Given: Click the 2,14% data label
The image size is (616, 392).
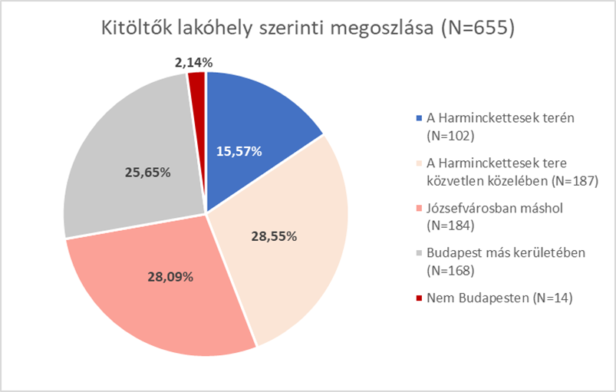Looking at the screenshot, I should (193, 61).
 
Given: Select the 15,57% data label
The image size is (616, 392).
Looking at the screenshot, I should (239, 151).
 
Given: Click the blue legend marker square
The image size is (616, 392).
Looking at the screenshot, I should (418, 119).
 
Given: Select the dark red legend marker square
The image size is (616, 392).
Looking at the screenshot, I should (418, 297).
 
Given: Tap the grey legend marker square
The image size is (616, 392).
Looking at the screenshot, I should (418, 254).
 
